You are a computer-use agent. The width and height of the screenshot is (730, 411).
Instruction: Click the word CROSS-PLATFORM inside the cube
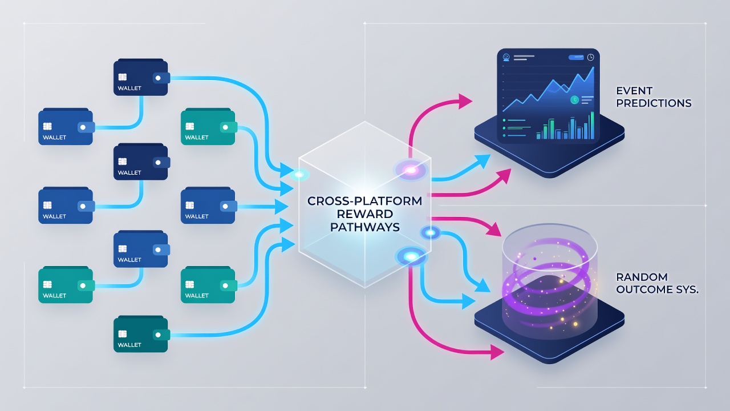364,201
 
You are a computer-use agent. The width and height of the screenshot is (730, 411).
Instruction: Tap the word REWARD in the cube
364,214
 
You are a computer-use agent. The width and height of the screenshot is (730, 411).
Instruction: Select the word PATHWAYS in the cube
364,227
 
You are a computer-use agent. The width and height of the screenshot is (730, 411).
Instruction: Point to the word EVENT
634,90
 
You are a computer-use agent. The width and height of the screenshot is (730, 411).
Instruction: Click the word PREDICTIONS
654,103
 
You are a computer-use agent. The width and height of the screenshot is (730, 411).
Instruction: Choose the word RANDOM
642,277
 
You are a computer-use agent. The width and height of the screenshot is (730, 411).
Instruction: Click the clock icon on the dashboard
590,58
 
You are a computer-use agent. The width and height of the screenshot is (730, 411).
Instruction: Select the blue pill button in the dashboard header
576,58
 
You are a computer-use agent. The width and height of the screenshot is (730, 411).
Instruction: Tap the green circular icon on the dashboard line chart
574,99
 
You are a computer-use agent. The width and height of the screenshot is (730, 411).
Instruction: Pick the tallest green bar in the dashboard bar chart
592,126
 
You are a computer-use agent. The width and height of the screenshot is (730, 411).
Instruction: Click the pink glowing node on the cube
411,170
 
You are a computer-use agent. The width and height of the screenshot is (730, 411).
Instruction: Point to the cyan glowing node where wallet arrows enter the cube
299,175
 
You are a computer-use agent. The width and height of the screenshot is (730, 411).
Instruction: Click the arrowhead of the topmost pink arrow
465,101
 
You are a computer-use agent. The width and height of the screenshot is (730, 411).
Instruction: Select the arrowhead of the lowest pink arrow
497,352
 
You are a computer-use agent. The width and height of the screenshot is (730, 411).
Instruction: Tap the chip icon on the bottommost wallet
123,334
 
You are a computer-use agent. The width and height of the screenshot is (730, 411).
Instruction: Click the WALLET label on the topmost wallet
129,88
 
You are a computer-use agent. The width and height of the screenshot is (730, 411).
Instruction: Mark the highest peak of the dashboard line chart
593,67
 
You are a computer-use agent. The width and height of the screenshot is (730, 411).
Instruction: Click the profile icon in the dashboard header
506,58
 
